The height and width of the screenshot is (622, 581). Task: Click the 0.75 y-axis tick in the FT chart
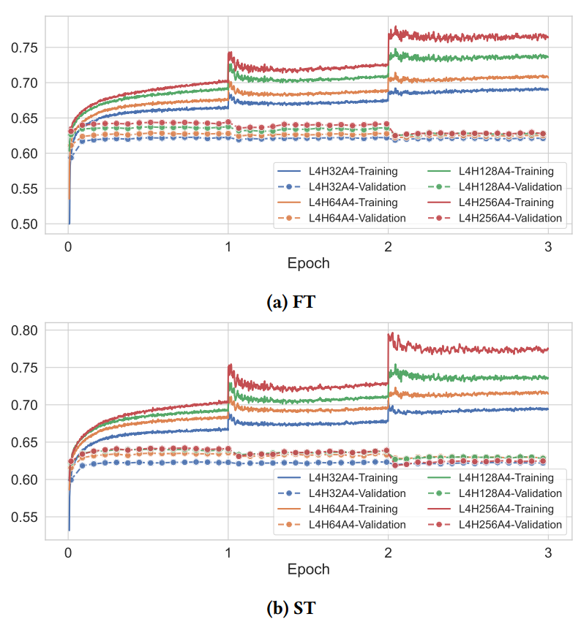[26, 48]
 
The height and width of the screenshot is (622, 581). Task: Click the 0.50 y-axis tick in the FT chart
[26, 224]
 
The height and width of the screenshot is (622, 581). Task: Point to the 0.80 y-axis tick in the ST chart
[26, 330]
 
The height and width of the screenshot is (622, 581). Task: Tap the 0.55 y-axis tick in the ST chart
[26, 517]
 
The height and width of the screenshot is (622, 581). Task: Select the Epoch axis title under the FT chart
[308, 263]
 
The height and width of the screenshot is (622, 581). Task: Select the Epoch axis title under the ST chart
[308, 569]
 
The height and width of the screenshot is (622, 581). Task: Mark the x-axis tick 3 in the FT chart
[548, 246]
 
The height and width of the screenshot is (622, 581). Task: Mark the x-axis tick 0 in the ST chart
[68, 553]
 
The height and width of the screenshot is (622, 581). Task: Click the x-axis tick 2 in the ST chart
[388, 553]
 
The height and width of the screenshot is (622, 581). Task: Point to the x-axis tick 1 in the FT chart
[228, 246]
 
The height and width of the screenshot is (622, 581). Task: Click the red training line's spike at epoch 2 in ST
[389, 335]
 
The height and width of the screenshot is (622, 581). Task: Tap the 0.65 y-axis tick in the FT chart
[26, 118]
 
